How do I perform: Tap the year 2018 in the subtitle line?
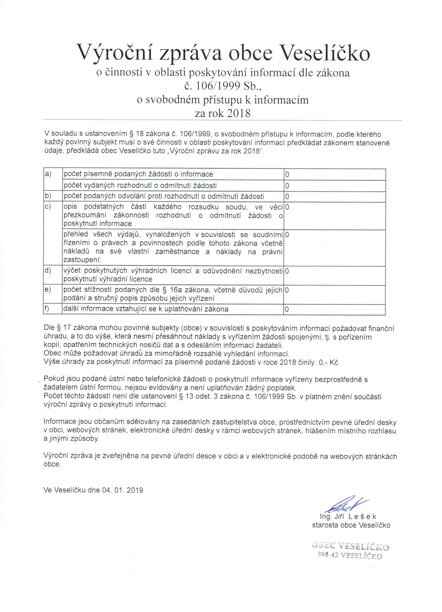(239, 113)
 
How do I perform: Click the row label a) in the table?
(48, 174)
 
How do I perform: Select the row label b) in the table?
(48, 196)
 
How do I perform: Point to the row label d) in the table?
(48, 270)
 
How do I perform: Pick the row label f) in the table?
(47, 308)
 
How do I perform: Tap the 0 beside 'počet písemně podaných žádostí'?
(287, 175)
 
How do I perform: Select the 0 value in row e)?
(287, 290)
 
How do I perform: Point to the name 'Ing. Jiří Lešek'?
(348, 517)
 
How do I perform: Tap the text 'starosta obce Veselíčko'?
(351, 525)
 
